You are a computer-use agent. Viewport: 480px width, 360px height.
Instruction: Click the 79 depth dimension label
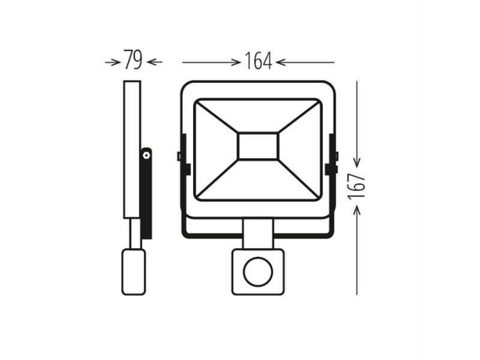click(133, 60)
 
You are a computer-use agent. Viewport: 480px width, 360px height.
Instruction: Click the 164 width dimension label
click(258, 61)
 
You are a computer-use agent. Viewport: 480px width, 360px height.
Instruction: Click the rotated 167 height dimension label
click(356, 186)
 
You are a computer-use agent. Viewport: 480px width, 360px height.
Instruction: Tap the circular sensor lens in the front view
click(258, 272)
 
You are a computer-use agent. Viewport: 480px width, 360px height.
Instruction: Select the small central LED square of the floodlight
click(258, 146)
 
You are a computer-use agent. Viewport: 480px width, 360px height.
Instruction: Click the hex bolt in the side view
click(146, 155)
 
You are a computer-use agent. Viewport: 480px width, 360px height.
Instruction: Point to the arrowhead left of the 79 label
click(115, 62)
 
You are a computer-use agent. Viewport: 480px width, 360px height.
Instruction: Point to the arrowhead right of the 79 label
click(151, 62)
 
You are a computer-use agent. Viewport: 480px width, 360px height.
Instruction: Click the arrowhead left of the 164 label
click(236, 62)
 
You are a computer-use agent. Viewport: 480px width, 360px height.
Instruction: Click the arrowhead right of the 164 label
click(280, 62)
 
